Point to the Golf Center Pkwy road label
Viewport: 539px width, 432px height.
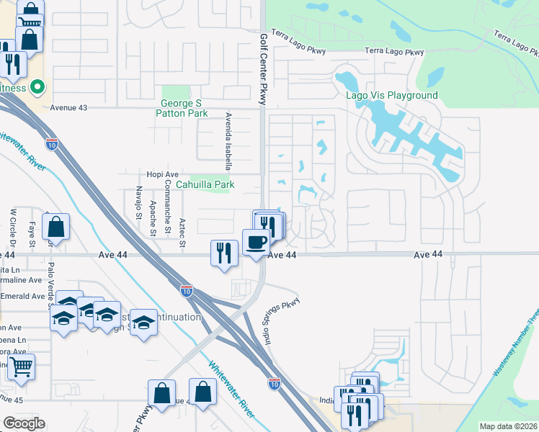(x=264, y=68)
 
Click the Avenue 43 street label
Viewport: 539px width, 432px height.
(x=68, y=107)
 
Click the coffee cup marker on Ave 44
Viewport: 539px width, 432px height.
(x=255, y=243)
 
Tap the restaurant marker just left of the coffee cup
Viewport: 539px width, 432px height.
(x=224, y=253)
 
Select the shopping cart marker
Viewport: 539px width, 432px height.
(x=20, y=366)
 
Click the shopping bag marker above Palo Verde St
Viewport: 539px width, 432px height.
(x=55, y=228)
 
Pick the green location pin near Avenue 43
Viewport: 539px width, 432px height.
(x=38, y=88)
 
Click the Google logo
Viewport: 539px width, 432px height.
(x=24, y=423)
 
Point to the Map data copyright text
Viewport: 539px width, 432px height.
(x=508, y=426)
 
